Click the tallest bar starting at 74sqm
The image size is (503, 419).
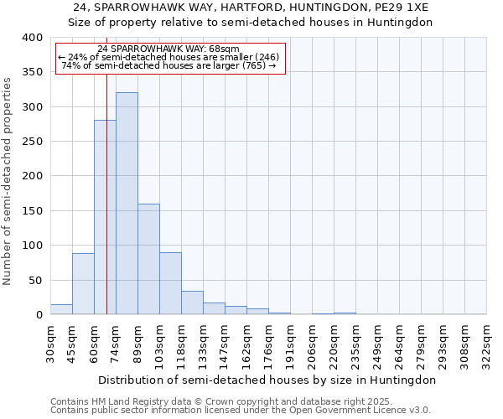[127, 204]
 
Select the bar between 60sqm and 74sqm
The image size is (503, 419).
[105, 218]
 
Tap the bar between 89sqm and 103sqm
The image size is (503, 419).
[148, 259]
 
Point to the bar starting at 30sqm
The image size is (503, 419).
[61, 309]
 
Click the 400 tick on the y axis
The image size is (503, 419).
[32, 38]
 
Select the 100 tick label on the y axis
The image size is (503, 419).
[32, 246]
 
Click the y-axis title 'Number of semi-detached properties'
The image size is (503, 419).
[8, 180]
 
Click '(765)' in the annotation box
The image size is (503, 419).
[252, 65]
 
